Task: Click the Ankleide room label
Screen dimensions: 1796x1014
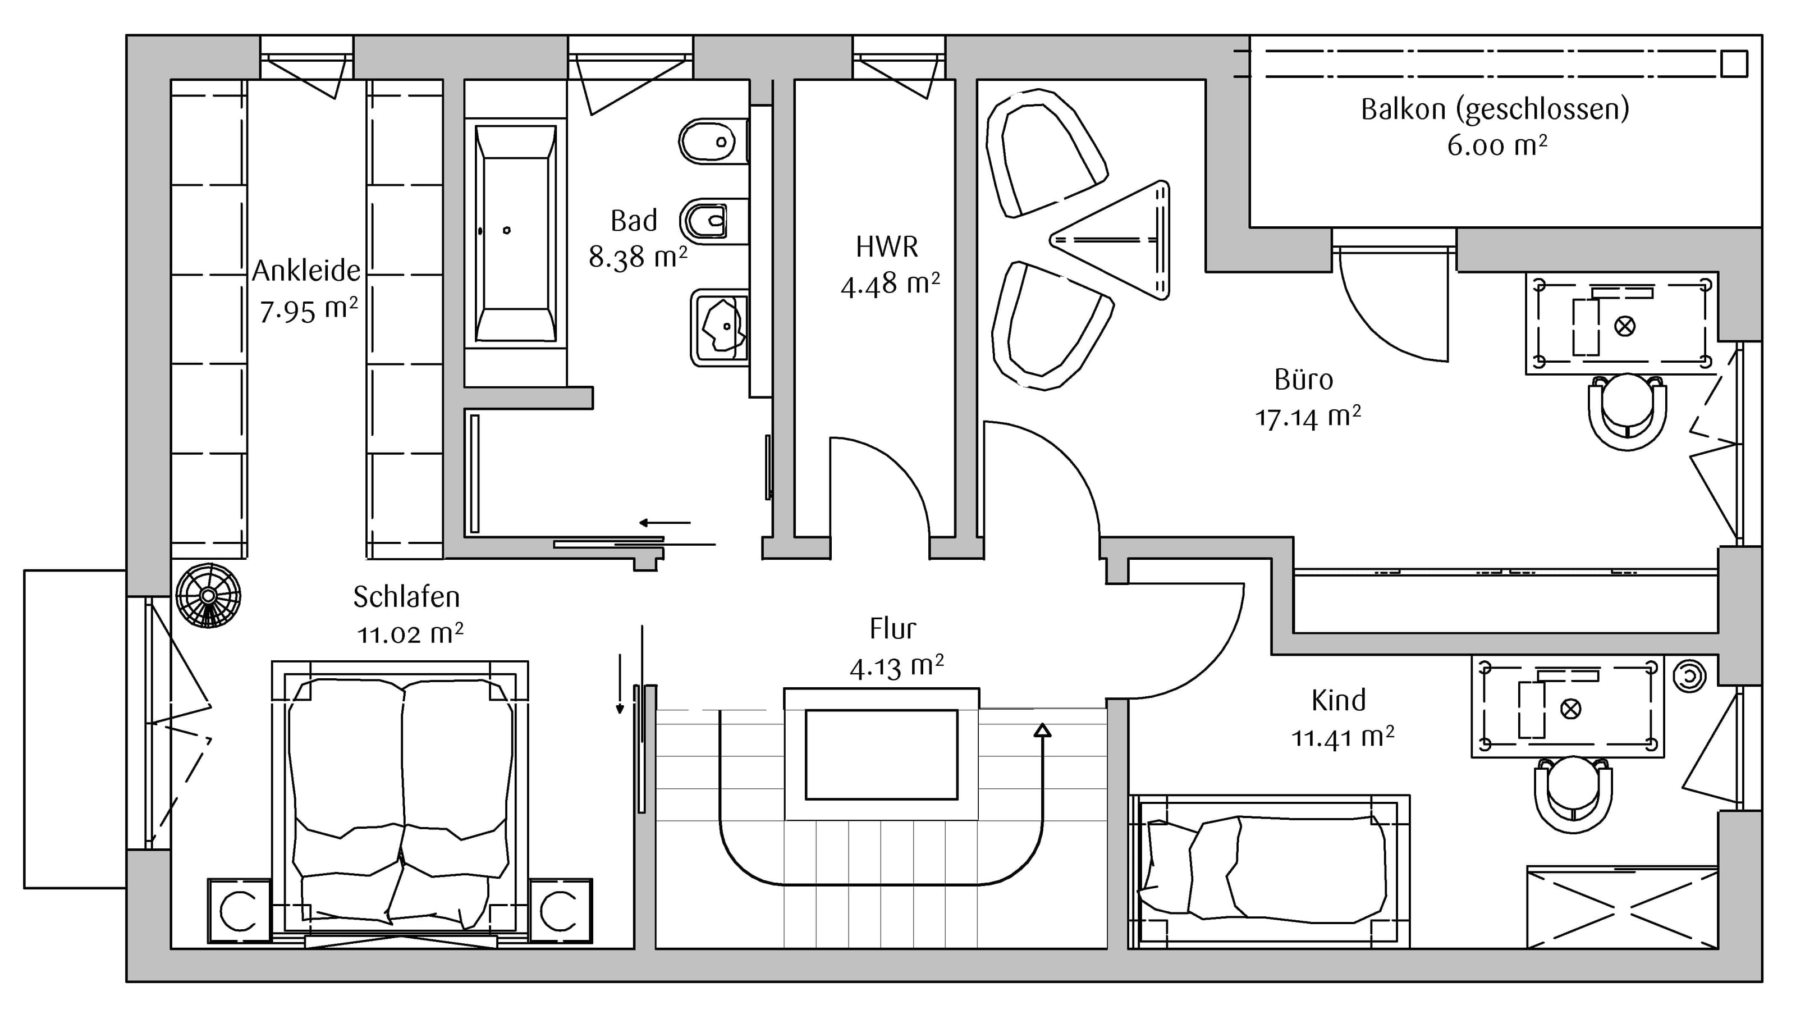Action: pos(306,271)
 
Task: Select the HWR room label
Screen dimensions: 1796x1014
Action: pos(887,247)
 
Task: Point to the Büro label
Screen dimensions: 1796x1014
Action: pos(1304,380)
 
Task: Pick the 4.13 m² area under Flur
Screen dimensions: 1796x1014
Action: pos(897,666)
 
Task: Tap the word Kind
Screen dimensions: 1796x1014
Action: pos(1339,700)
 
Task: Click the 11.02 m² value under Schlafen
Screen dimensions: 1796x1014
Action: pos(410,634)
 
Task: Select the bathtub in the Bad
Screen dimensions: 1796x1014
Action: pos(516,233)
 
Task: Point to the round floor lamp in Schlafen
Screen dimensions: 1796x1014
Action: pos(208,596)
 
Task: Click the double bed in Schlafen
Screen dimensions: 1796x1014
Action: pos(400,802)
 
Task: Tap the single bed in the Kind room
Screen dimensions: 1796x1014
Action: pos(1269,872)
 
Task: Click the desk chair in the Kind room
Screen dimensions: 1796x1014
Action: pos(1573,795)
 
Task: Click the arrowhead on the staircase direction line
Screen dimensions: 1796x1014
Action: pos(1042,730)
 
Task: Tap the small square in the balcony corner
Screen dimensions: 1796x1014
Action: pos(1734,64)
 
